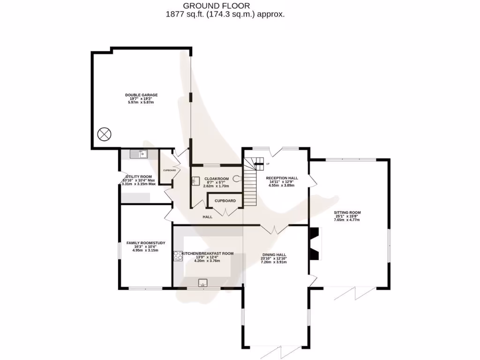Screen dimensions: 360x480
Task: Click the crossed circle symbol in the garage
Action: pos(104,134)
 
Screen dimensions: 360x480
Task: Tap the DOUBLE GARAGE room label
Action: pos(141,95)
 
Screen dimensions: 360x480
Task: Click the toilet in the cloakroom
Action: pos(236,178)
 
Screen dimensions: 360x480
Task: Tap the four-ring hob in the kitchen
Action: pos(178,255)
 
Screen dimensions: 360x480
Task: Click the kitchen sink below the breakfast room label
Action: pos(203,282)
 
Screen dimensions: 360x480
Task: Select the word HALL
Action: pos(208,217)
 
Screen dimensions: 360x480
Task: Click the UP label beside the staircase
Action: pos(268,164)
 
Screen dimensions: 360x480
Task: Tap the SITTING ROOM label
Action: pos(347,212)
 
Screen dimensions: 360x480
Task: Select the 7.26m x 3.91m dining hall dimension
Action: pos(274,262)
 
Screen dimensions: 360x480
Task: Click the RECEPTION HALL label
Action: pos(282,178)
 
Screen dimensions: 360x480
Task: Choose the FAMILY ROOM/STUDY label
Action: pos(145,243)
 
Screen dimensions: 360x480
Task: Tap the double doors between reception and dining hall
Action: pos(274,229)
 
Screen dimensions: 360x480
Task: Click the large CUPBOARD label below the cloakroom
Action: pos(225,201)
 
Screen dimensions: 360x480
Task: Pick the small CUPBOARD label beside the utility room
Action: pos(169,170)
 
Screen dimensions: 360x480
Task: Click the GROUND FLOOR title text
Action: pos(217,6)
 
